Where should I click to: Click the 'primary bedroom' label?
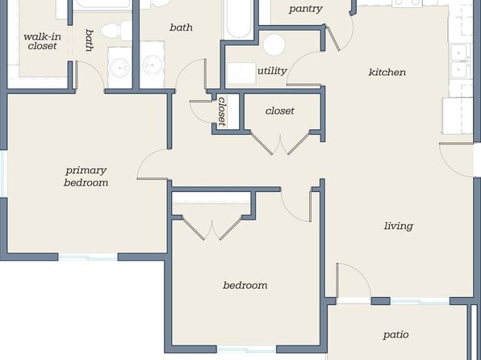click(x=86, y=177)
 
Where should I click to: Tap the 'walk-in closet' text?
click(x=42, y=41)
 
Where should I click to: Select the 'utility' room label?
click(x=272, y=71)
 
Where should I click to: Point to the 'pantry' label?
click(x=306, y=9)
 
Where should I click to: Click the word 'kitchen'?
click(x=387, y=72)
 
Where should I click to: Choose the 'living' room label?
click(x=399, y=226)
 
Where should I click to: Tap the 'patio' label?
click(x=395, y=334)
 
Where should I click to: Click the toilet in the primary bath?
click(x=116, y=31)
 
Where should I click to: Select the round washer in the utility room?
click(x=274, y=44)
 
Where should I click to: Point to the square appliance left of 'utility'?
click(x=241, y=73)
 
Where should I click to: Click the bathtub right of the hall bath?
click(x=238, y=19)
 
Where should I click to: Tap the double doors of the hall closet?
click(x=280, y=143)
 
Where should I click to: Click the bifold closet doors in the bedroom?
click(x=212, y=228)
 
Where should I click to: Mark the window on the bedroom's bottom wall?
click(x=246, y=350)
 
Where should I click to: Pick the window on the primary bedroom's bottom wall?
click(x=88, y=257)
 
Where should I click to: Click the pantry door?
click(x=333, y=39)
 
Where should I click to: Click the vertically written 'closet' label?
click(x=222, y=111)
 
